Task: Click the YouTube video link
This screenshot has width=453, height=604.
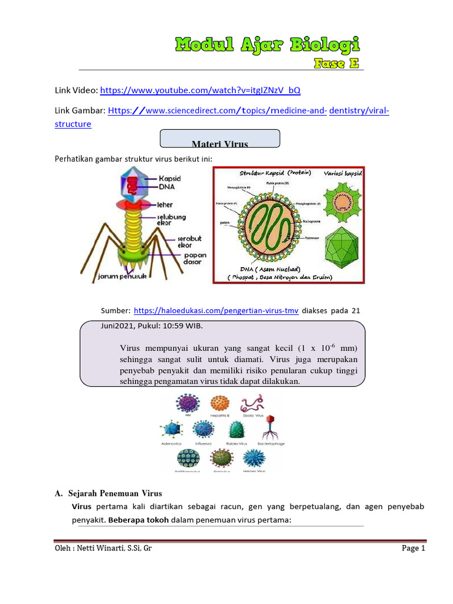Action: pos(200,90)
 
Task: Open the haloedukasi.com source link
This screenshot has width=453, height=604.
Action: pos(216,311)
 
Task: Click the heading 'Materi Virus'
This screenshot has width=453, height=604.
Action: pos(220,143)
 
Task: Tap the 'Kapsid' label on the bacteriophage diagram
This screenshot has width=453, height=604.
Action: pos(170,178)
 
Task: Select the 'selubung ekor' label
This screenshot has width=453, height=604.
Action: pos(172,221)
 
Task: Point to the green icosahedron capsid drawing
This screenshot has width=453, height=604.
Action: pos(342,247)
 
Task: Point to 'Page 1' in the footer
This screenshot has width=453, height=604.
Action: pos(413,549)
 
